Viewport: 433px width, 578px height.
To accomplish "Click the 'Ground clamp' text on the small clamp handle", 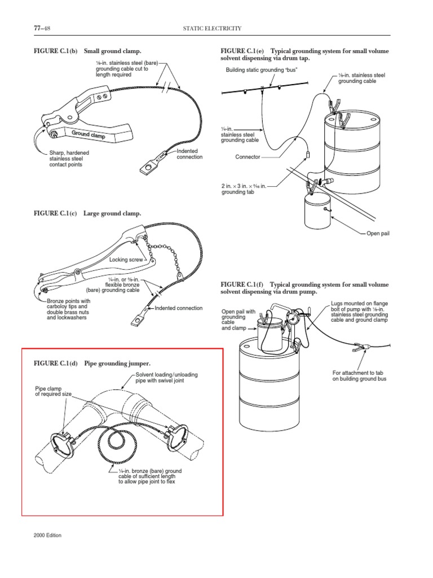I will click(x=87, y=134).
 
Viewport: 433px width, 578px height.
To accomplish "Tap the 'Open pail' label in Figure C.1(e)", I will click(x=378, y=233).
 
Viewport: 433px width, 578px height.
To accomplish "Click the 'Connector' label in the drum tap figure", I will click(x=248, y=157).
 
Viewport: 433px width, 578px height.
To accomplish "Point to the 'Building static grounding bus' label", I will click(x=262, y=71).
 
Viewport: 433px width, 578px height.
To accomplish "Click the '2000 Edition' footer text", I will click(x=47, y=535).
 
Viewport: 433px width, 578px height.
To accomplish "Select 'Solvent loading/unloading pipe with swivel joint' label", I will click(x=167, y=378).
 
